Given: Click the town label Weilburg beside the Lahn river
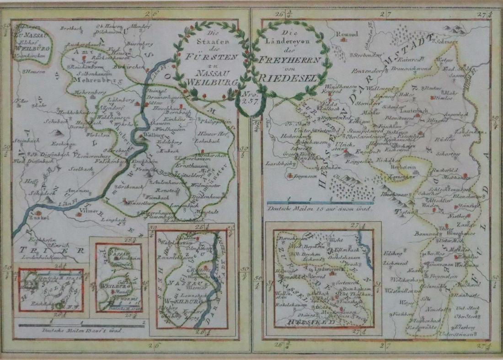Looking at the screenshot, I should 154,136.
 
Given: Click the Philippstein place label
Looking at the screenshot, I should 213,121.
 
